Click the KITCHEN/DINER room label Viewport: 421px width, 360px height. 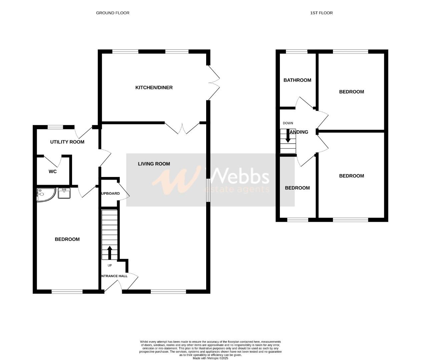pos(154,88)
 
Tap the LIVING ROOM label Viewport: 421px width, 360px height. pos(154,164)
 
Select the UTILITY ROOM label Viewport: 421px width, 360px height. pos(67,142)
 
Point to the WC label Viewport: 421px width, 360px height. pos(53,172)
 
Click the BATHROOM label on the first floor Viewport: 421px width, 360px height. pos(297,80)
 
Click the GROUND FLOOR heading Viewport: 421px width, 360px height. pos(112,13)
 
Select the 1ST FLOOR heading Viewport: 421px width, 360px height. pos(321,13)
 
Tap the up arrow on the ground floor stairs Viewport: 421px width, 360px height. pos(109,252)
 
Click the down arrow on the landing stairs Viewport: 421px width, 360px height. pos(288,136)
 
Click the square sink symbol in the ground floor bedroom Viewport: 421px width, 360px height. pos(64,193)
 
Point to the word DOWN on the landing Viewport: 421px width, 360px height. pos(288,123)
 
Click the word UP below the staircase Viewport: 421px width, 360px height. pos(110,266)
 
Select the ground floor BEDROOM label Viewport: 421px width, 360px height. pos(67,239)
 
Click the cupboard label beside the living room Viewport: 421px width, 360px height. pos(110,193)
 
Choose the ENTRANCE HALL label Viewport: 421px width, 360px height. pos(114,276)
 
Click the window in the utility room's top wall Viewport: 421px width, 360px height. pos(55,127)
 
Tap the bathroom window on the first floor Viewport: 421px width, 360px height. pos(297,51)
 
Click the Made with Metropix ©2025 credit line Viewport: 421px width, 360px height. pos(210,358)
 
